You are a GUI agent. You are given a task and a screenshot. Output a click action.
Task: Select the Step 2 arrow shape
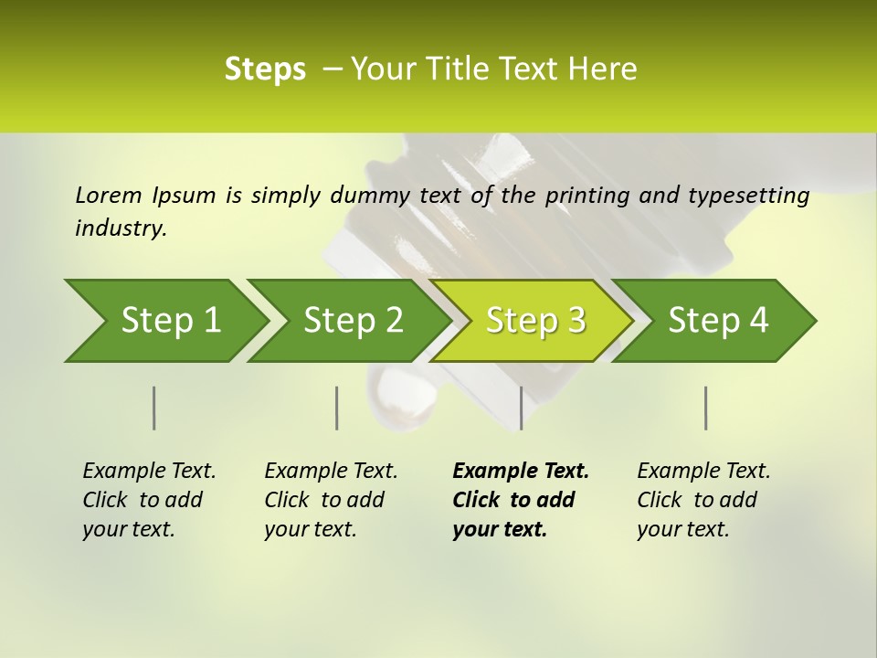tap(352, 321)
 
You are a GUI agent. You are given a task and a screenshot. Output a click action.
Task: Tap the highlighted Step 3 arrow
tap(534, 321)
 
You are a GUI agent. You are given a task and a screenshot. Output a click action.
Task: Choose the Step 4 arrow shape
tap(717, 321)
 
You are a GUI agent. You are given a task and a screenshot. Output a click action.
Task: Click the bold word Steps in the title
tap(265, 69)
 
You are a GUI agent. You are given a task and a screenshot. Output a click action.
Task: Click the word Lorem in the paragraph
tap(108, 196)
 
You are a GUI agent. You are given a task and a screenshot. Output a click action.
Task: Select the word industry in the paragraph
tap(121, 228)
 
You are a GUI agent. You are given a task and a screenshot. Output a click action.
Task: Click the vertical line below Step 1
tap(154, 408)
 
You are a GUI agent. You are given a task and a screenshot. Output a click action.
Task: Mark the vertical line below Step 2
tap(337, 408)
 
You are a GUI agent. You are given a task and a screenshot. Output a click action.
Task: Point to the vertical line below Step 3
tap(521, 408)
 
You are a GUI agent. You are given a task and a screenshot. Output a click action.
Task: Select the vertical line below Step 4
tap(705, 408)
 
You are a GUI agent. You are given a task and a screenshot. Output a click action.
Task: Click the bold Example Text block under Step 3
tap(521, 500)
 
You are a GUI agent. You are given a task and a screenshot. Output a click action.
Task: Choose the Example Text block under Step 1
tap(149, 500)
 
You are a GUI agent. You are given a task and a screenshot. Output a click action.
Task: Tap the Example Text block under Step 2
tap(331, 500)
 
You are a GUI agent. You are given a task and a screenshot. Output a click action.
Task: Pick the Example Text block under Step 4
tap(703, 500)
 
